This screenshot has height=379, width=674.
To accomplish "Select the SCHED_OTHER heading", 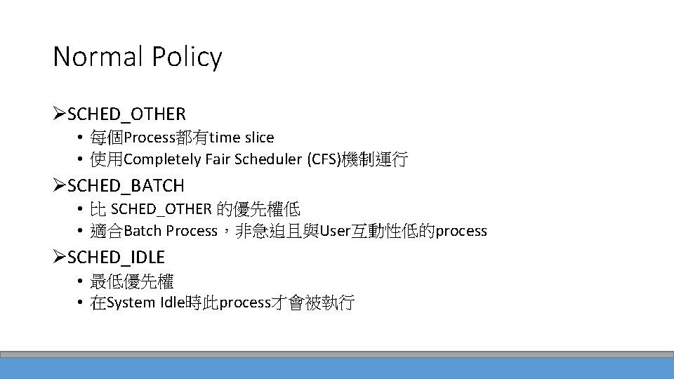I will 126,114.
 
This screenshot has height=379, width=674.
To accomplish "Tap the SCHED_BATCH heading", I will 126,186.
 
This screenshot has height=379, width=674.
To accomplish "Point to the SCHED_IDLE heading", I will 116,258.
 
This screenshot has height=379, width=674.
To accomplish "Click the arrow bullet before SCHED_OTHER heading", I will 60,114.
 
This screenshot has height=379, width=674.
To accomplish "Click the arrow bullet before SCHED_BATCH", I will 60,186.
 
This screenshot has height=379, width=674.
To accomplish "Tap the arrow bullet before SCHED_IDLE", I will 60,258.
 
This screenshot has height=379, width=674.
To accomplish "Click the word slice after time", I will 259,138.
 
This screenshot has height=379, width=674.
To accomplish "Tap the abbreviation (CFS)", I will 323,159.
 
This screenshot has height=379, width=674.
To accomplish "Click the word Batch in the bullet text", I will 143,232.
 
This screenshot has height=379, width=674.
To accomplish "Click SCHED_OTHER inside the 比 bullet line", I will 161,209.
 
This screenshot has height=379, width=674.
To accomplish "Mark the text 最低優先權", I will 131,282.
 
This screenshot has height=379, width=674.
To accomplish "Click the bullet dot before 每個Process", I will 81,138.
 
